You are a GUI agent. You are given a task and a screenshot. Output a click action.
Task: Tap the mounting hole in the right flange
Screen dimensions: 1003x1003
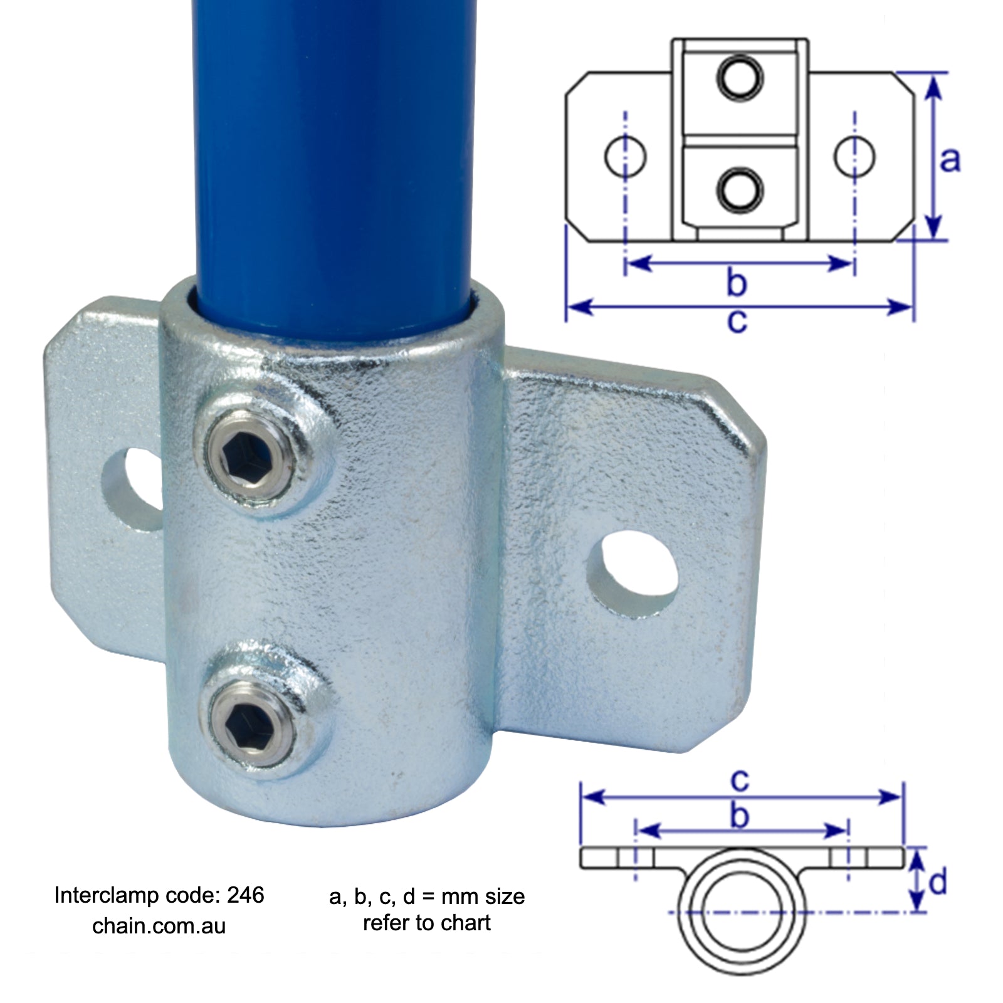pos(632,574)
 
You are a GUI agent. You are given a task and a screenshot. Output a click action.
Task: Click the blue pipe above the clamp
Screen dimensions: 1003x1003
pos(332,157)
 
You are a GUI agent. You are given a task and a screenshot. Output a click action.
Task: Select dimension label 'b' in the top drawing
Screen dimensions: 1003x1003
pos(737,282)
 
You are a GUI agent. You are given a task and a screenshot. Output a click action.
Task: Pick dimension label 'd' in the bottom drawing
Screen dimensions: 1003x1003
pos(938,883)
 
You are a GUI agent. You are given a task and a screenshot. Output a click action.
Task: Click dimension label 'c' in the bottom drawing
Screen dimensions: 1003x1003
pos(740,780)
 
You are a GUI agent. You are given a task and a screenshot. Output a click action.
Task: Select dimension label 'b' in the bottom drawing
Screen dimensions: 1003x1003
pos(740,816)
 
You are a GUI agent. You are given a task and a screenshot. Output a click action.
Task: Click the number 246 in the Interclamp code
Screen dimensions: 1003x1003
pos(246,895)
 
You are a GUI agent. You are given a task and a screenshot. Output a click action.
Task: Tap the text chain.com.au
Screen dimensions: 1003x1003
pos(159,926)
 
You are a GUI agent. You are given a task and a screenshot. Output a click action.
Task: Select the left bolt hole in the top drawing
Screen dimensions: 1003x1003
pos(625,156)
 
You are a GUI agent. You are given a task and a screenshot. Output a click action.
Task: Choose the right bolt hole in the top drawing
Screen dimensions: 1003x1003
pos(854,156)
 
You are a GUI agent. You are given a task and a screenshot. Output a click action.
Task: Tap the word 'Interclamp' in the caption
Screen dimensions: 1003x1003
pos(107,895)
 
